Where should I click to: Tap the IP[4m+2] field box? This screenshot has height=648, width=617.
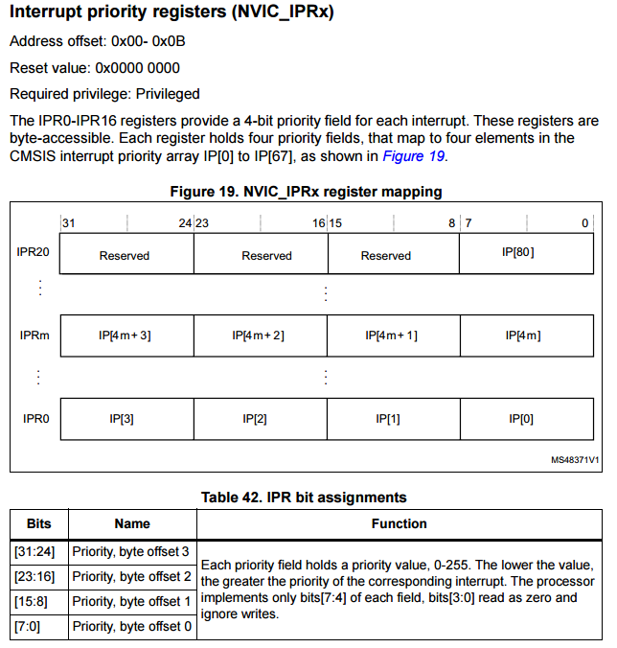[260, 336]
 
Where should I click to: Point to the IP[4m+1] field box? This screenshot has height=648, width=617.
[393, 336]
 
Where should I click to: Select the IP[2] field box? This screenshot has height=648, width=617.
[260, 418]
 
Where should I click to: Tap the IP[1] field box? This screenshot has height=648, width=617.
[393, 418]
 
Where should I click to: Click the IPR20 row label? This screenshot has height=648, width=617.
[34, 253]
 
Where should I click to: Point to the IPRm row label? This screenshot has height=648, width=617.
[34, 336]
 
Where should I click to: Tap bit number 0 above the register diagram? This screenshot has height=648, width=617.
[584, 223]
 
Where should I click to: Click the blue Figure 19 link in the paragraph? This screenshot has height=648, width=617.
[414, 155]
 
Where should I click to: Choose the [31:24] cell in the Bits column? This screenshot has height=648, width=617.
[38, 551]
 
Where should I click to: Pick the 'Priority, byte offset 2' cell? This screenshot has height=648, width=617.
[132, 576]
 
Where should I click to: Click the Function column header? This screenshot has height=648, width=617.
[400, 524]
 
